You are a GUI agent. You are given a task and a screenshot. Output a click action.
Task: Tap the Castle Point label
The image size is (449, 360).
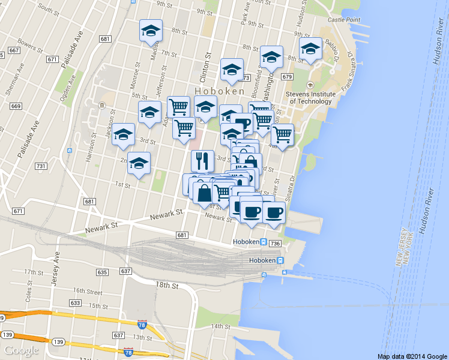tap(343, 20)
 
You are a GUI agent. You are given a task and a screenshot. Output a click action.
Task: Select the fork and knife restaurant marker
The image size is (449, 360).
tap(202, 161)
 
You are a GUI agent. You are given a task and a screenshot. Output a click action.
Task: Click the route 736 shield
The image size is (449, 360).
tap(276, 243)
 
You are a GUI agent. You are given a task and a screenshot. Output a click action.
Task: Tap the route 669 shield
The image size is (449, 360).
tap(16, 106)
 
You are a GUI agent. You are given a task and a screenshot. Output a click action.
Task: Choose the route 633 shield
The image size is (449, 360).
tap(75, 303)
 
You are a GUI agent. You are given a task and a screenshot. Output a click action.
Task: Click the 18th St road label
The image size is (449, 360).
tap(167, 286)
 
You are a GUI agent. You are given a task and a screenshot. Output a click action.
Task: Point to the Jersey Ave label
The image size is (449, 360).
tap(56, 261)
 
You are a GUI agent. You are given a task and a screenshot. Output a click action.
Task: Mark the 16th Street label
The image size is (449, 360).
tap(86, 291)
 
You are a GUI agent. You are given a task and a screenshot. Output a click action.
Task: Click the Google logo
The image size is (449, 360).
tap(22, 350)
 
